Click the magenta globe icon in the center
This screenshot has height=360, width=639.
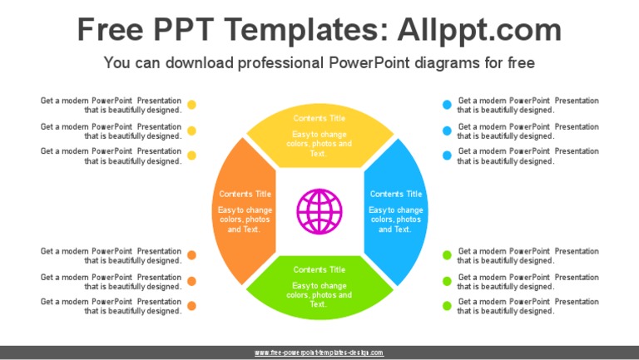(319, 211)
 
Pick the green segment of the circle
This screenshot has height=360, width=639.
(319, 287)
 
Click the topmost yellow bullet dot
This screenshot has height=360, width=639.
(191, 105)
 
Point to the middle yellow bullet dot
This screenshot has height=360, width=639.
(191, 131)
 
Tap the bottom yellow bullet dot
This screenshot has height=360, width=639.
(191, 155)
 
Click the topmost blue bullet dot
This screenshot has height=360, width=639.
(447, 105)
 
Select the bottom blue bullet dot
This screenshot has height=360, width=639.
(447, 155)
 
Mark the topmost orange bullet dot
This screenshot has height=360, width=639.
(191, 255)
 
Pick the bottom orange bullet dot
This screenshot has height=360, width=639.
(191, 306)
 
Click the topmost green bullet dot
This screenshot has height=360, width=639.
(447, 255)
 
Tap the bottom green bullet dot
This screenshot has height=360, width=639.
(447, 306)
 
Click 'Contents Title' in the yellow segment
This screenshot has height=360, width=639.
(319, 118)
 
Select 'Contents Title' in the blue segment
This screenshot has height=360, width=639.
(396, 194)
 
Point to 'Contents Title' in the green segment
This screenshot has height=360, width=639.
(319, 269)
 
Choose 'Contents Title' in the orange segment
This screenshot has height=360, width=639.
(245, 194)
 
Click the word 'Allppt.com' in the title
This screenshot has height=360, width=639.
(479, 31)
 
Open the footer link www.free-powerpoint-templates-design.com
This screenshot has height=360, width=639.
(319, 353)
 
